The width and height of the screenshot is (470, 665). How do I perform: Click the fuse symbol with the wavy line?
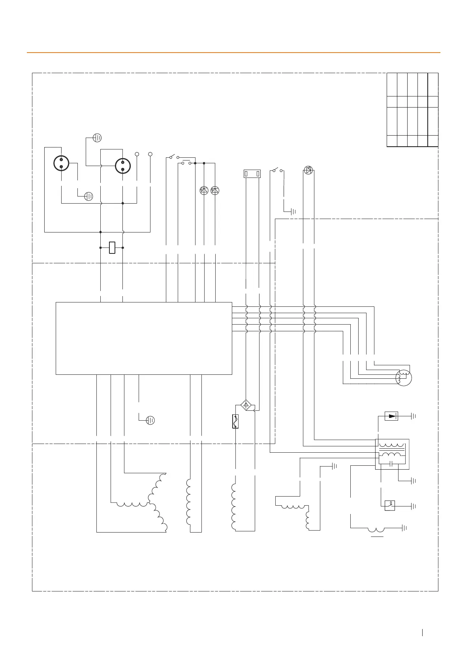[x=235, y=421]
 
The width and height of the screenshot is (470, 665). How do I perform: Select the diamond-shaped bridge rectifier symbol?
[x=246, y=405]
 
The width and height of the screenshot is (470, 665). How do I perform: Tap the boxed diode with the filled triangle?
[x=391, y=416]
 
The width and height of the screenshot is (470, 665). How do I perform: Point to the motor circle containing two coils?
[x=404, y=378]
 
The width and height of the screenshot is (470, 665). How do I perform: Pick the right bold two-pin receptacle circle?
[x=123, y=166]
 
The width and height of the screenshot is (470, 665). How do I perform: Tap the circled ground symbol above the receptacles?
[x=97, y=138]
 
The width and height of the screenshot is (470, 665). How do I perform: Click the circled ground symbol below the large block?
[x=150, y=420]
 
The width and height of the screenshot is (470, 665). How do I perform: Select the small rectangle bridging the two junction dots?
[x=112, y=248]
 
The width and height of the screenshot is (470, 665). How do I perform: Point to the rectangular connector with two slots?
[x=252, y=174]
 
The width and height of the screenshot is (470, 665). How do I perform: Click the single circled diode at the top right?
[x=308, y=170]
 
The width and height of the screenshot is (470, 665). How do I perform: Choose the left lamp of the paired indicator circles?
[x=204, y=191]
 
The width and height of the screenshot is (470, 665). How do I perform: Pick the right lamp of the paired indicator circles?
[x=215, y=191]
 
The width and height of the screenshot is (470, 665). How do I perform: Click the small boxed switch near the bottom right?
[x=390, y=506]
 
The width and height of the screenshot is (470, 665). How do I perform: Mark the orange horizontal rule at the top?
[x=233, y=52]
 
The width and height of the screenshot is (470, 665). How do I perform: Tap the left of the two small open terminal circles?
[x=137, y=154]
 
